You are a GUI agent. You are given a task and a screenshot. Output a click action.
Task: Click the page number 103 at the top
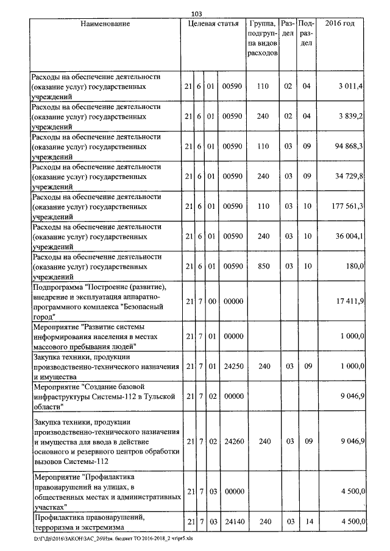point(196,13)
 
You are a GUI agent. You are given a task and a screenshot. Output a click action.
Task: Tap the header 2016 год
point(340,24)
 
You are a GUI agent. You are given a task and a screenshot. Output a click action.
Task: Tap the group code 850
point(263,266)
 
